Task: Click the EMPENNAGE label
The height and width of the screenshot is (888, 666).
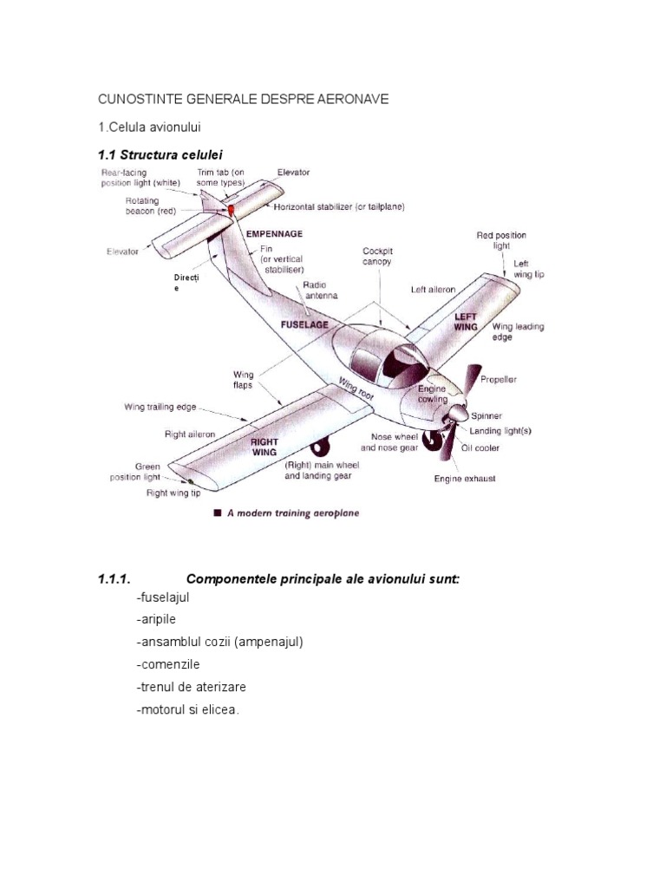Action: (x=274, y=234)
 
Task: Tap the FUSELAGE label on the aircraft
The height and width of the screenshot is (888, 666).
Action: (x=304, y=323)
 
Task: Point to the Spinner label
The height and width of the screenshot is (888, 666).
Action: (x=486, y=416)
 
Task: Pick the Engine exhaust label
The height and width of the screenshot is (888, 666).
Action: (x=465, y=479)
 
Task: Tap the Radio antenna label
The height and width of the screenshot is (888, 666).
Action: (x=320, y=291)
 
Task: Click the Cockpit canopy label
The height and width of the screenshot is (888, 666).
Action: (x=377, y=256)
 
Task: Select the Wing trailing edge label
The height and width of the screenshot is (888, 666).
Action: (x=160, y=407)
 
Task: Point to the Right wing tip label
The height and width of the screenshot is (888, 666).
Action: (x=173, y=493)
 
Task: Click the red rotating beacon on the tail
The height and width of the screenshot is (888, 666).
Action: (x=232, y=209)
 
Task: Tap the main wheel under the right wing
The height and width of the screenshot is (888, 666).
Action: (x=321, y=448)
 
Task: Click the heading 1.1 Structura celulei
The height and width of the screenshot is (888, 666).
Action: (x=154, y=153)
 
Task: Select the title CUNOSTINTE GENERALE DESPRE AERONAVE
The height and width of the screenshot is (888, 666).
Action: (x=244, y=100)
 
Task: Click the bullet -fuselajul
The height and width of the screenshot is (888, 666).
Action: (x=162, y=597)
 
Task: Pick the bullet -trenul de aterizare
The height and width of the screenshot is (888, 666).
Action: (x=191, y=687)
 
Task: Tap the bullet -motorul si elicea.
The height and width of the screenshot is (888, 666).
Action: (x=186, y=709)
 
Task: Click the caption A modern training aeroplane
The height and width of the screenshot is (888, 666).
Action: (x=292, y=513)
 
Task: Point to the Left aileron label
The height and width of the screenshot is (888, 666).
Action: (x=433, y=290)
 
